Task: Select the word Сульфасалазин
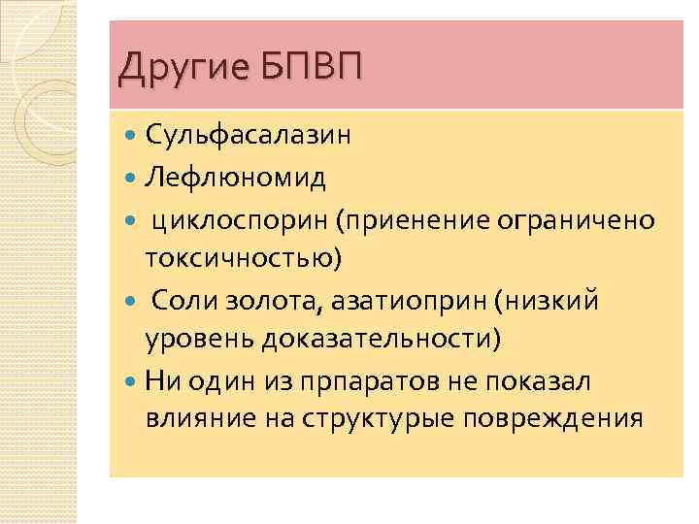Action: point(249,136)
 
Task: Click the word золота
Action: point(250,302)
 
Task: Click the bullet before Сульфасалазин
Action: point(132,136)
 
